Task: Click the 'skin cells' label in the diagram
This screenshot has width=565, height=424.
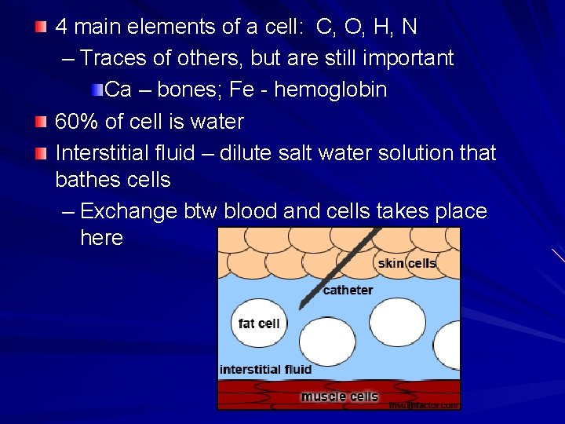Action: [x=406, y=263]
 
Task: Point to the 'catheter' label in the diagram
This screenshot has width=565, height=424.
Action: [x=348, y=290]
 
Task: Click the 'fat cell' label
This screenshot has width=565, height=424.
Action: [x=259, y=323]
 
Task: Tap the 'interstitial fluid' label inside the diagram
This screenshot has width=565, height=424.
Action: [x=265, y=369]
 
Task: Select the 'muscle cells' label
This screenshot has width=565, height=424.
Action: [x=339, y=397]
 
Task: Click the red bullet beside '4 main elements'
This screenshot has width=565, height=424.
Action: [x=41, y=27]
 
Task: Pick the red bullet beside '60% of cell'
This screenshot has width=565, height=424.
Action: [x=41, y=122]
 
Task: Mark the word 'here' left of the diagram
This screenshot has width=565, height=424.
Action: [x=101, y=238]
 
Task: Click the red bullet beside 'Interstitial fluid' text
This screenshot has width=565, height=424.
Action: [x=41, y=153]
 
